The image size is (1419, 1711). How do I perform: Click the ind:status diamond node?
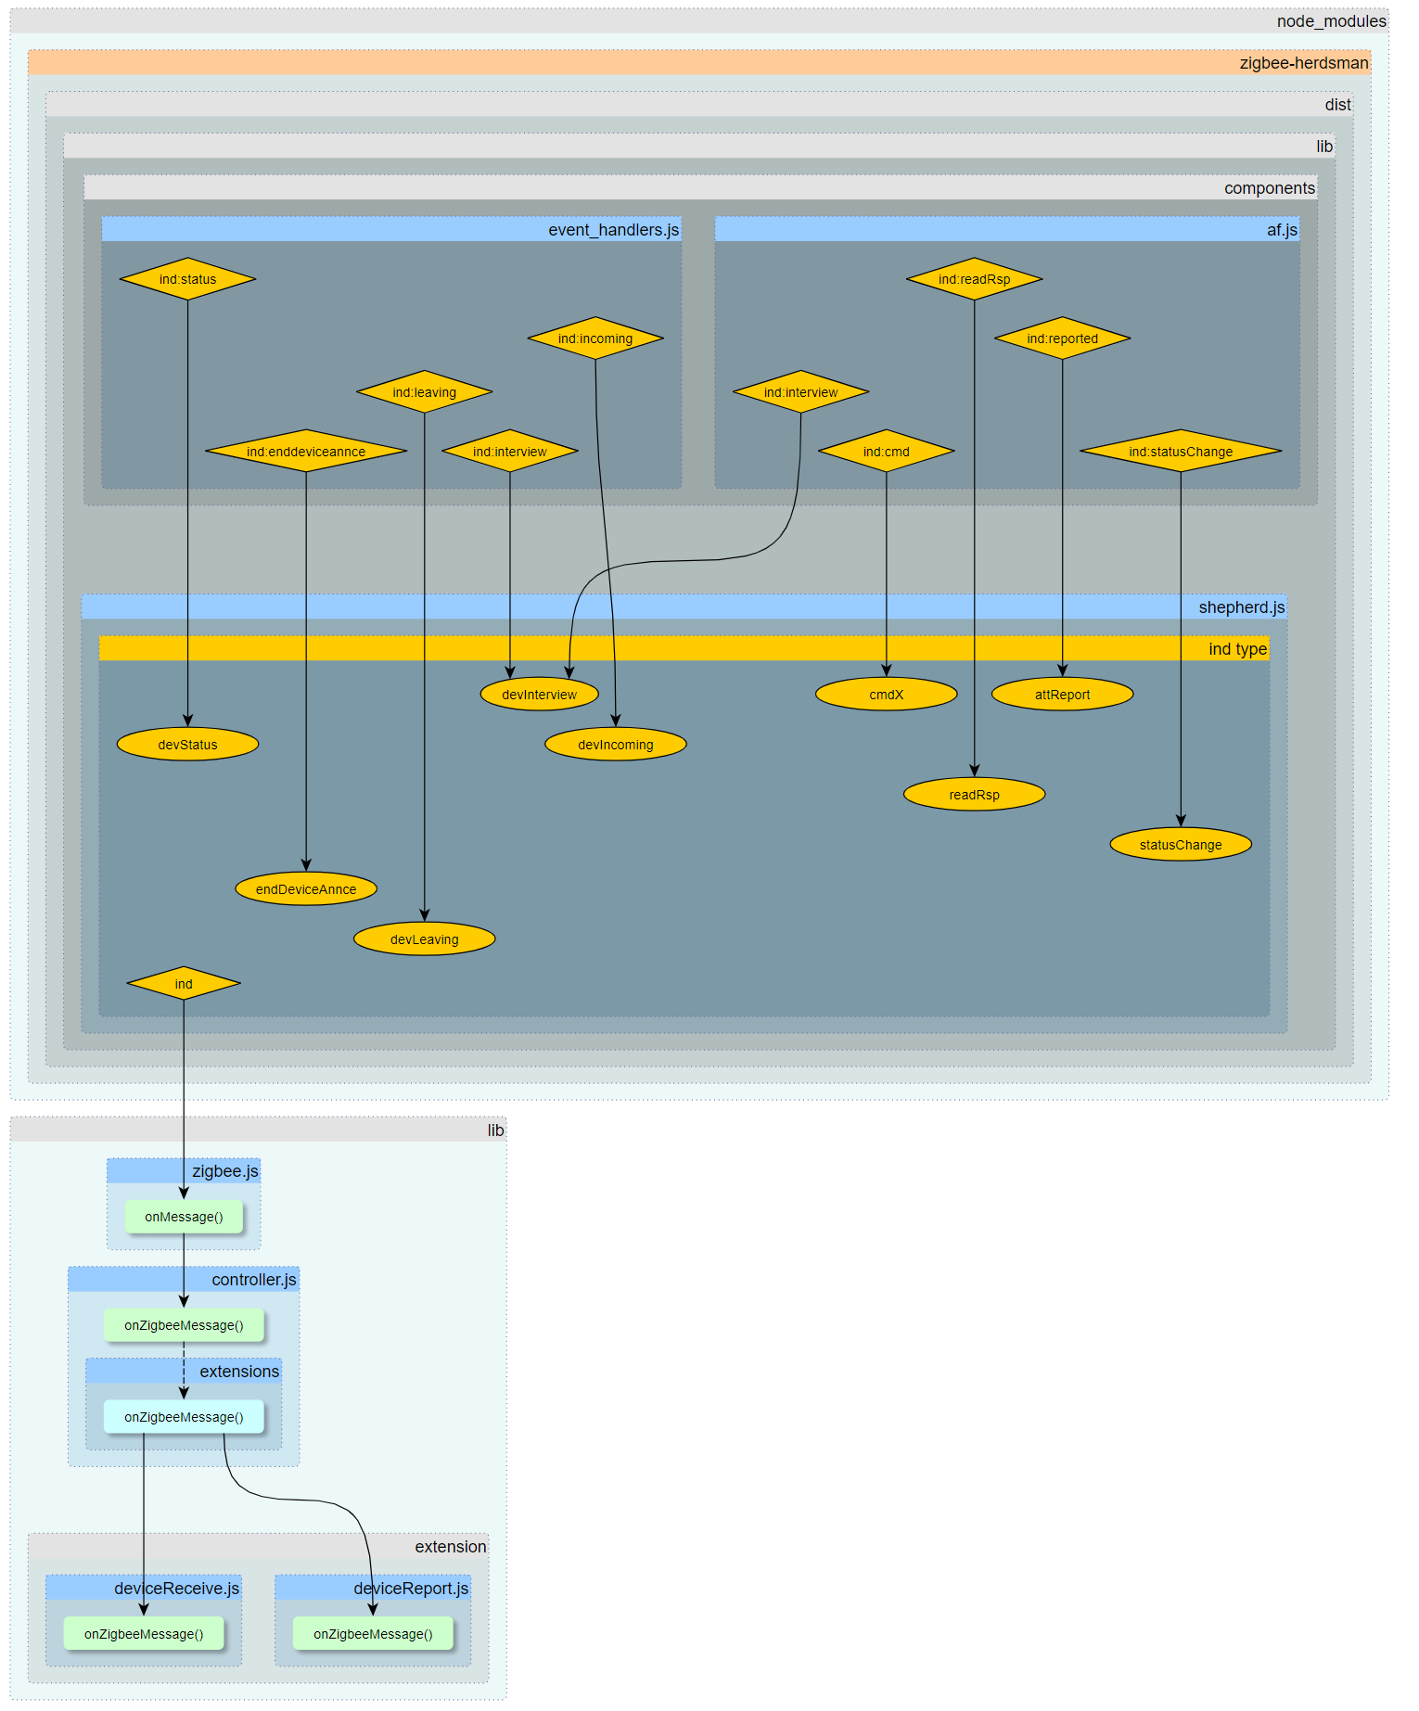tap(187, 279)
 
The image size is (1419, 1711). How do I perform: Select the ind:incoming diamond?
tap(594, 338)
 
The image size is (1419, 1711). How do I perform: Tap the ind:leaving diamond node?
tap(424, 392)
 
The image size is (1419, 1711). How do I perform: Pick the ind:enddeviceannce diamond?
tap(306, 452)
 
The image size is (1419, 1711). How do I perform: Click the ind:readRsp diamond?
tap(974, 279)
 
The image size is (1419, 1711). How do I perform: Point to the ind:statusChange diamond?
tap(1181, 452)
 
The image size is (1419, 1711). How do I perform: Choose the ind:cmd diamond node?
tap(886, 452)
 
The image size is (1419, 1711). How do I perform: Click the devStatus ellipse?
tap(187, 745)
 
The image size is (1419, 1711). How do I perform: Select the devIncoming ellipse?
tap(615, 745)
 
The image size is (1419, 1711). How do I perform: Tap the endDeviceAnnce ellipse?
tap(306, 889)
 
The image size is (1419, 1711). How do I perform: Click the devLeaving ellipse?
tap(424, 939)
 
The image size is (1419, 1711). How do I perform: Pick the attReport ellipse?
tap(1062, 695)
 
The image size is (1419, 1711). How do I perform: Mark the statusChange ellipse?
tap(1181, 845)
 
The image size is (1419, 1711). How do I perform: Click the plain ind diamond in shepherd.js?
tap(184, 984)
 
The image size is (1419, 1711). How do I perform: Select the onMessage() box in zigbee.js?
tap(184, 1217)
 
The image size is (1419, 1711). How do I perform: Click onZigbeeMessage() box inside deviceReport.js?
tap(373, 1634)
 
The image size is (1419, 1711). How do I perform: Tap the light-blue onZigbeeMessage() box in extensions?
tap(184, 1417)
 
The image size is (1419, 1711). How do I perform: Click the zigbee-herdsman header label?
tap(1303, 63)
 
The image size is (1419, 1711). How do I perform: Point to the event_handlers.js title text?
tap(613, 230)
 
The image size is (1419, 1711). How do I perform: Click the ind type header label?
tap(1237, 649)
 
